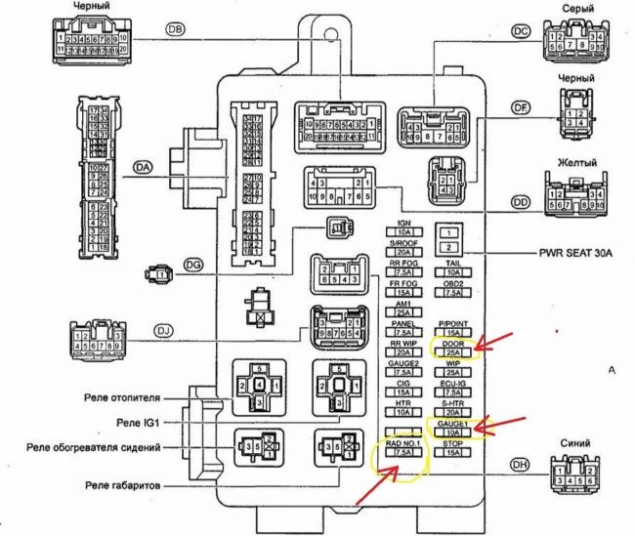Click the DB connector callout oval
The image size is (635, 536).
[x=176, y=30]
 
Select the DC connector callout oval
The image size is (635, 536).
[x=520, y=32]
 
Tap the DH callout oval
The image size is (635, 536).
[x=520, y=467]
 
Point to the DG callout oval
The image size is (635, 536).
[x=193, y=263]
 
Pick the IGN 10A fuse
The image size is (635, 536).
[x=402, y=227]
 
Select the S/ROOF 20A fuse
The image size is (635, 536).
[x=402, y=252]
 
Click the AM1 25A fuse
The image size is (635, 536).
[x=402, y=308]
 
